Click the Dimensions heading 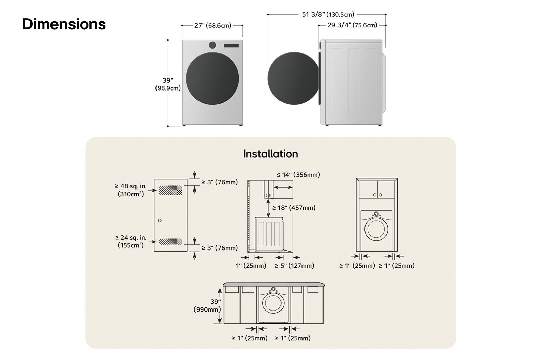64,24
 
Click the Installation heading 270,154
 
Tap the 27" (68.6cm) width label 213,25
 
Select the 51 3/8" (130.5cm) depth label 328,14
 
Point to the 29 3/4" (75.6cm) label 352,25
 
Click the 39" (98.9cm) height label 168,84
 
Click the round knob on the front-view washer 212,45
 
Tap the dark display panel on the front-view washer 231,45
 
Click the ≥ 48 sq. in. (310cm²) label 131,190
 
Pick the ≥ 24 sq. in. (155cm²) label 131,241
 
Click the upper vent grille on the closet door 170,190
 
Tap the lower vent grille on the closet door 170,241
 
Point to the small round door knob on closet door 160,220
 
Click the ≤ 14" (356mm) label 298,175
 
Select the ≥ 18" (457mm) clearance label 294,208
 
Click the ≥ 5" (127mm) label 294,266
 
